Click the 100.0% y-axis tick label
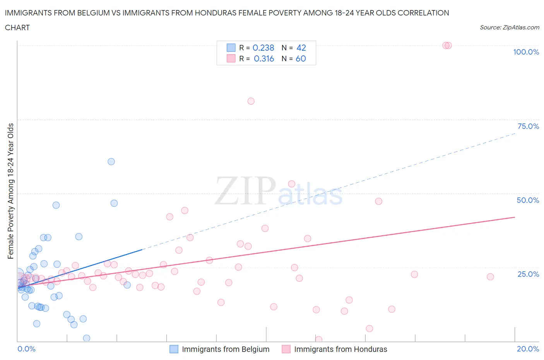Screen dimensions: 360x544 coord(526,52)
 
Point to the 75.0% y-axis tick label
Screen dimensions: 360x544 coord(528,126)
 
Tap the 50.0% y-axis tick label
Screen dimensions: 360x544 coord(528,200)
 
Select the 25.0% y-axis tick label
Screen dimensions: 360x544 coord(528,274)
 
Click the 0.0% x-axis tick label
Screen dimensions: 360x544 coord(26,349)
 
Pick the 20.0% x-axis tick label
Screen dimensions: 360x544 coord(528,349)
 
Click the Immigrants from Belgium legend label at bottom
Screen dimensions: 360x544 coord(226,349)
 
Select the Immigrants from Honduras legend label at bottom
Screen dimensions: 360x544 coord(340,349)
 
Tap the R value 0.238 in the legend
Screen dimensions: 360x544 coord(263,48)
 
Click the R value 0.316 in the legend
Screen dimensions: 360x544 coord(264,58)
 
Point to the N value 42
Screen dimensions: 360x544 coord(301,48)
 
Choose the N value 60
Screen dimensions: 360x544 coord(301,58)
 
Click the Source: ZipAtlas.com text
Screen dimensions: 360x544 coord(509,27)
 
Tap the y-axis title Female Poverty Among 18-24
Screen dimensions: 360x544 coord(10,191)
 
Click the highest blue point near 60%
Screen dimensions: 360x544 coord(111,162)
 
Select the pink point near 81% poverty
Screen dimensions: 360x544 coord(251,101)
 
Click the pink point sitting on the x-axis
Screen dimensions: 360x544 coord(319,339)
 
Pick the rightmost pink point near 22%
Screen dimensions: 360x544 coord(490,277)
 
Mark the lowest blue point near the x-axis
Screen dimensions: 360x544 coord(87,338)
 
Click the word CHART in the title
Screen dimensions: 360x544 coord(17,27)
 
